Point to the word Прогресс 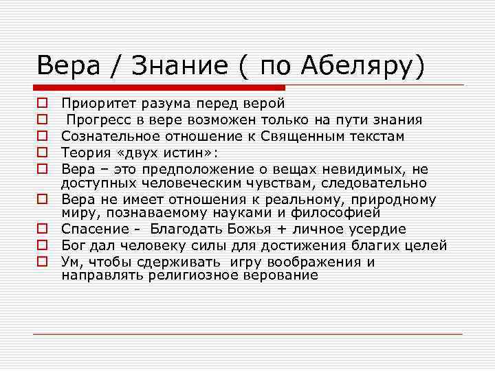(99, 120)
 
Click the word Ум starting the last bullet (69, 262)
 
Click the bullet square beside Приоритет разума (42, 104)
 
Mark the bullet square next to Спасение (42, 229)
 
